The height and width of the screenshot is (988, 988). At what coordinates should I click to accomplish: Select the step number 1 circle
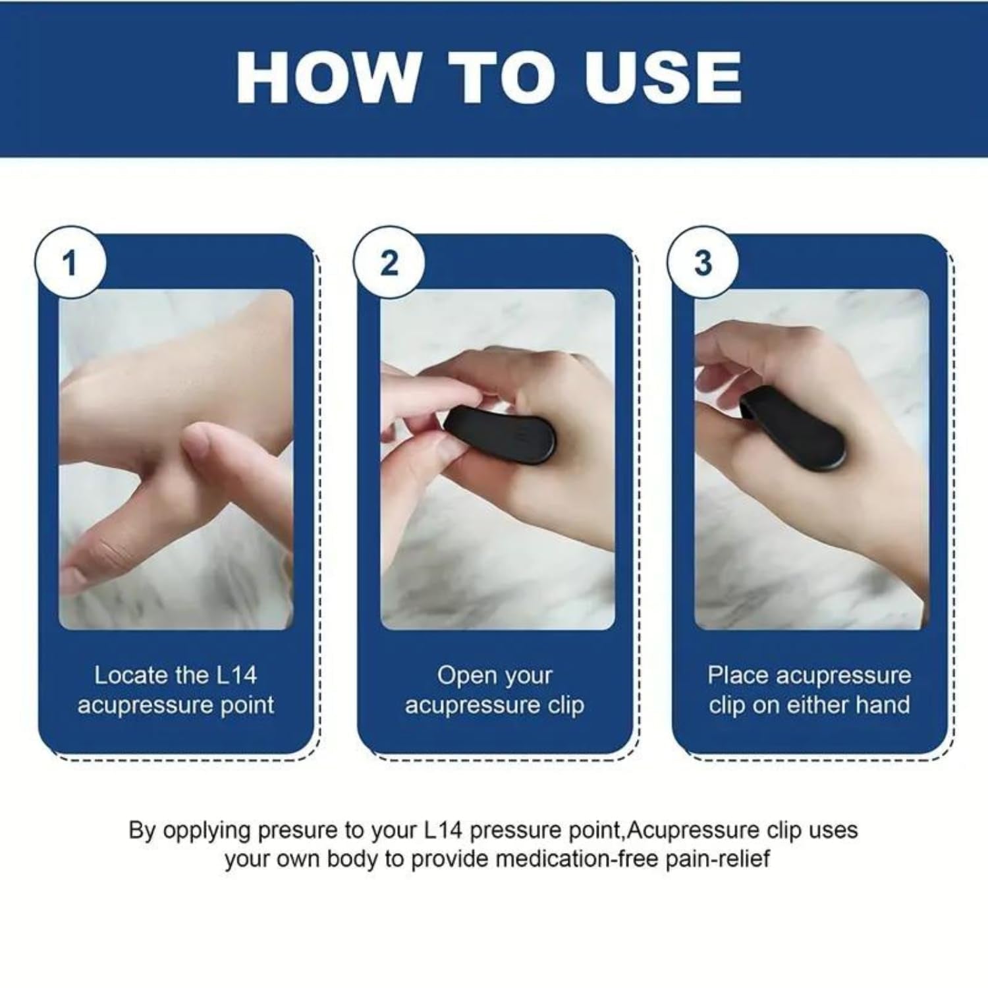coord(70,263)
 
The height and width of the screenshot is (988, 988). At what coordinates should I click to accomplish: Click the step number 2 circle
coord(389,263)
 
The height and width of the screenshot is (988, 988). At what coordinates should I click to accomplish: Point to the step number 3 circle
coord(703,263)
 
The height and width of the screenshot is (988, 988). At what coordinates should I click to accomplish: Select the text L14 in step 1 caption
coord(236,675)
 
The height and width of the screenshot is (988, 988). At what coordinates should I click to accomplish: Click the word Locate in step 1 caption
coord(131,675)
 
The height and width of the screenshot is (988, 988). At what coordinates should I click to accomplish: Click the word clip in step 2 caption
coord(566,705)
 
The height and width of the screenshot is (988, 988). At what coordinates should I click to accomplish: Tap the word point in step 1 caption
coord(247,705)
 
